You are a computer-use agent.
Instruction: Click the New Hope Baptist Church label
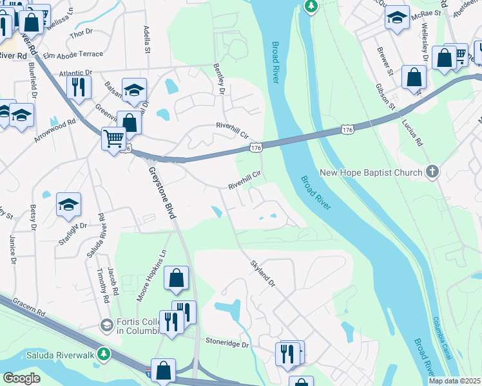tap(371, 172)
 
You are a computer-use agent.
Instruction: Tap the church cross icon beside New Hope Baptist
tap(432, 172)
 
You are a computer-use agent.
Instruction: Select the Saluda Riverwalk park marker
tap(102, 354)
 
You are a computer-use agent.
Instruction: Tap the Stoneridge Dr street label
tap(227, 344)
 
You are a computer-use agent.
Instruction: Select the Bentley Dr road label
tap(220, 79)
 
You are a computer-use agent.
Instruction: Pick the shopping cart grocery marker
tap(113, 138)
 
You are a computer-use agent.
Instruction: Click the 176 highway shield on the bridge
tap(255, 149)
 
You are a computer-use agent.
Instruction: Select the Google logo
tap(21, 378)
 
